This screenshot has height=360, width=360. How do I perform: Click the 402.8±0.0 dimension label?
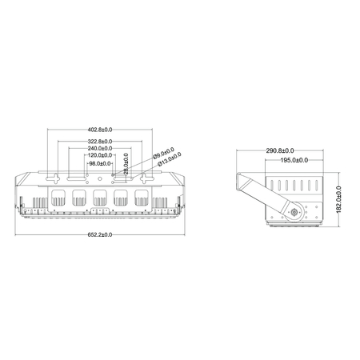100,130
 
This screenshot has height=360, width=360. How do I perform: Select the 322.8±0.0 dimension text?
100,142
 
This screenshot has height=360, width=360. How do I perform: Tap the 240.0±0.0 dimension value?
100,149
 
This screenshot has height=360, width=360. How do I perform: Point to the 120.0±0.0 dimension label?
100,156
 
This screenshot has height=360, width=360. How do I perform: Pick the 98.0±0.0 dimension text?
100,164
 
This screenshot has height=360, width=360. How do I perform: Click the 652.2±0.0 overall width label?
100,235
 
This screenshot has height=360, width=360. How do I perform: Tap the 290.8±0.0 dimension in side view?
279,150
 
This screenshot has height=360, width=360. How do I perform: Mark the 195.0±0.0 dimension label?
292,161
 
